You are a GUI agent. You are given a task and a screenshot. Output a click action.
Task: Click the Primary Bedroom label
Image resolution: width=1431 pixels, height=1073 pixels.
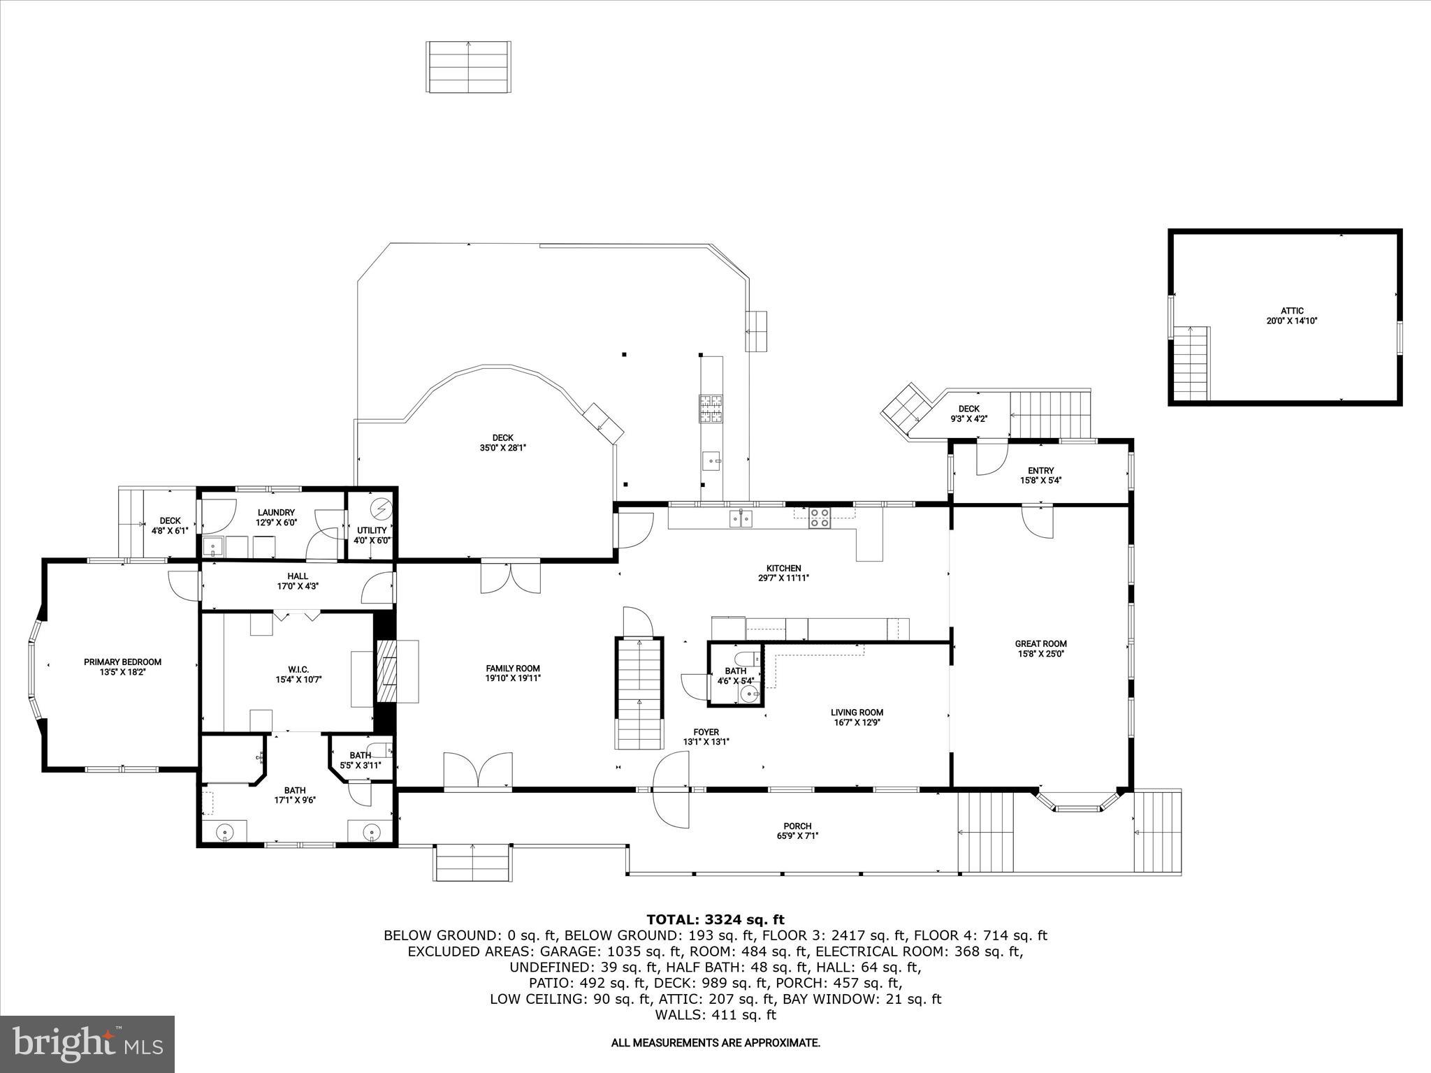pyautogui.click(x=122, y=662)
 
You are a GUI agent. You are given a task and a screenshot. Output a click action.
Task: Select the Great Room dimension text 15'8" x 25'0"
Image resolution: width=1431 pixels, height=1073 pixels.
pyautogui.click(x=1040, y=655)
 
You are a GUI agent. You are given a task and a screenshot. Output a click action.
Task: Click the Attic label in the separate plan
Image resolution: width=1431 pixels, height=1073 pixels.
pyautogui.click(x=1291, y=312)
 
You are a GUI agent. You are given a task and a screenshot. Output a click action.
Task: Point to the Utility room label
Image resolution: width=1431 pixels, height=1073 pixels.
pyautogui.click(x=372, y=530)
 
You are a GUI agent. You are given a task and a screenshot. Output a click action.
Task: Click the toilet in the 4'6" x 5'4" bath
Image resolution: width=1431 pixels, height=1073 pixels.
pyautogui.click(x=748, y=657)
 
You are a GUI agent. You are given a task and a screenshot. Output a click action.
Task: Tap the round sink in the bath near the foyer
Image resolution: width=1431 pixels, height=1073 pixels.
pyautogui.click(x=749, y=694)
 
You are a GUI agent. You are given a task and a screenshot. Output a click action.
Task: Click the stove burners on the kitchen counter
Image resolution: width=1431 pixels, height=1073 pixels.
pyautogui.click(x=820, y=518)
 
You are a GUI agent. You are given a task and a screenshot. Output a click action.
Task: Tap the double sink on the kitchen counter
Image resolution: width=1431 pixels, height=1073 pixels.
pyautogui.click(x=741, y=518)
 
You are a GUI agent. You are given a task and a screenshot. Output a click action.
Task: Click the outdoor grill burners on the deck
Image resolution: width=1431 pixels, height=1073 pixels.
pyautogui.click(x=711, y=409)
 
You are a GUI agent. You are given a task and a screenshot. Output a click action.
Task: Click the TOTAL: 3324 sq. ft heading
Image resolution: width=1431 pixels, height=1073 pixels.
pyautogui.click(x=715, y=920)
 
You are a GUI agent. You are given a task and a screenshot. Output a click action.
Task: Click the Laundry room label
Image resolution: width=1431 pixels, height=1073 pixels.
pyautogui.click(x=276, y=512)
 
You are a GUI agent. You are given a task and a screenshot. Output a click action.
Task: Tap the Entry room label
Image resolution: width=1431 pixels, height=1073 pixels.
pyautogui.click(x=1040, y=471)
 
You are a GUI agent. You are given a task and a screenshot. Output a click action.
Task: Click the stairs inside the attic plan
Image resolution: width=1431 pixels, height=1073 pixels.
pyautogui.click(x=1190, y=363)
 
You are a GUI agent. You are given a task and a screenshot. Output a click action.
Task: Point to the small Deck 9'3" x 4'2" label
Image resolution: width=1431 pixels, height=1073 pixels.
pyautogui.click(x=968, y=409)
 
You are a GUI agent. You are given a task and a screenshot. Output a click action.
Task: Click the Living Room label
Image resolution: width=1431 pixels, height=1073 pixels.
pyautogui.click(x=857, y=713)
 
